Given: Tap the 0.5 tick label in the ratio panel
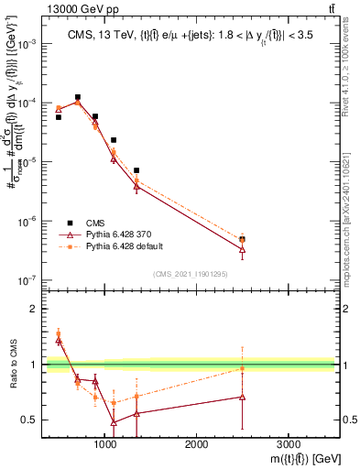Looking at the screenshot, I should tap(30, 420).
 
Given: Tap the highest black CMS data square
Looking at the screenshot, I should tap(78, 97).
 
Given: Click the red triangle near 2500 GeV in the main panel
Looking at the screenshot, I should tap(242, 249).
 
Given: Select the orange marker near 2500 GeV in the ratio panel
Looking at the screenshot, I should tap(242, 368).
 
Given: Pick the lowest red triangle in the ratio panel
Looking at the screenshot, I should tap(114, 422).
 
